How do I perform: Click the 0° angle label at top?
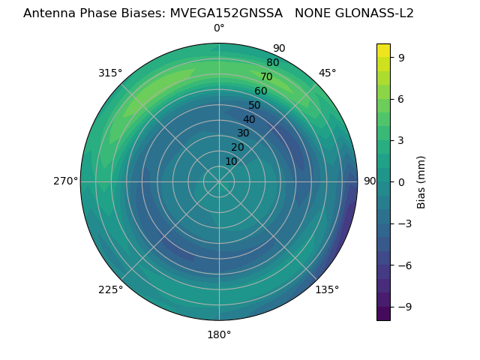(x=219, y=28)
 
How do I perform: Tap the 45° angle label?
(x=328, y=73)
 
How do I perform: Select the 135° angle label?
(x=328, y=289)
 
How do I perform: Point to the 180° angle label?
(x=219, y=334)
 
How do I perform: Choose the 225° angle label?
(x=110, y=289)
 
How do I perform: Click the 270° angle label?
(x=65, y=181)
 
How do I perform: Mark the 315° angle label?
(x=110, y=73)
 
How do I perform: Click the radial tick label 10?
(x=231, y=161)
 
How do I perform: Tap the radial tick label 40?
(x=249, y=119)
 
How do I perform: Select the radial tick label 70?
(x=266, y=76)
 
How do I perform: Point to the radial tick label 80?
(x=272, y=62)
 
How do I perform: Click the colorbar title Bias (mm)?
(x=421, y=181)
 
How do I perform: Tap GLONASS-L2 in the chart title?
(x=375, y=13)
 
